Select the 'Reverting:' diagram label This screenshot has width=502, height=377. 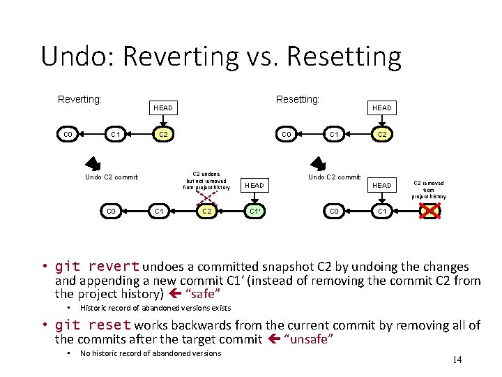79,99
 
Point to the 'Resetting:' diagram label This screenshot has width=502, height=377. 298,99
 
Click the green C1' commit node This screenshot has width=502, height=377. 255,211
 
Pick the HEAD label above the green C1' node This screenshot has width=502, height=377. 254,185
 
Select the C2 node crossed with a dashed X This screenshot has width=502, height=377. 206,211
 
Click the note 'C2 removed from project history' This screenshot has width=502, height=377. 428,189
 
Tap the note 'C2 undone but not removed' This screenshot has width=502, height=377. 206,180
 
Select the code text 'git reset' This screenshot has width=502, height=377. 93,325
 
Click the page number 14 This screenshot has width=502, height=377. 457,360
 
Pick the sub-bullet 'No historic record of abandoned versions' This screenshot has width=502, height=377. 151,353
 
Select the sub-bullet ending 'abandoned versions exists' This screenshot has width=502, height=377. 155,308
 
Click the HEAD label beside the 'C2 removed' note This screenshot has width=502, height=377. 381,185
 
